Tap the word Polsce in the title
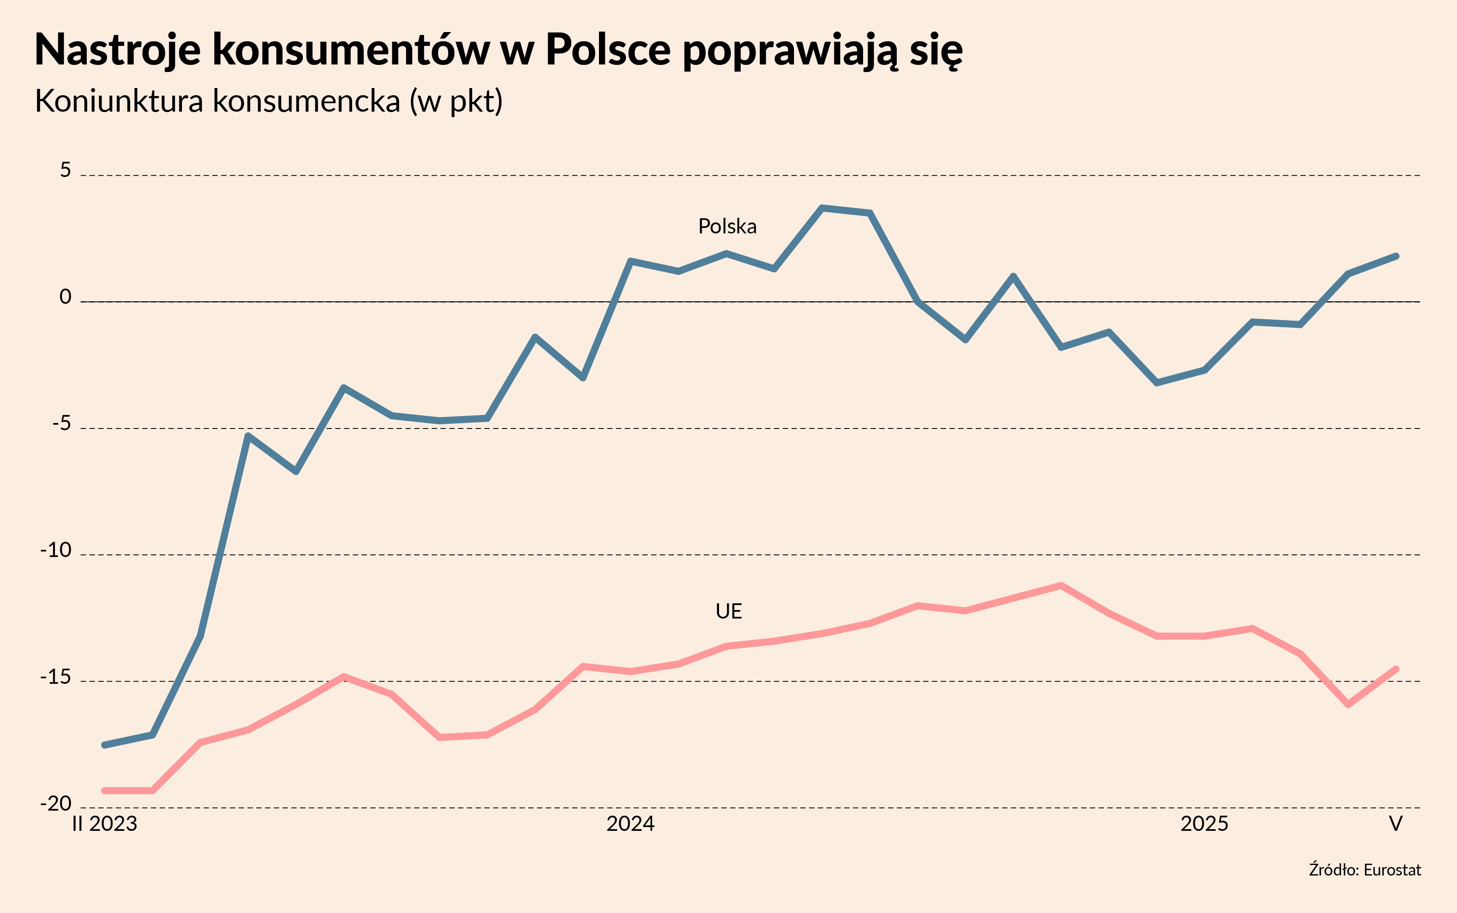coord(607,50)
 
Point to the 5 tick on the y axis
coord(65,171)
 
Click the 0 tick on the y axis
coord(65,297)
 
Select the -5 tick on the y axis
coord(61,424)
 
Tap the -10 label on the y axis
coord(56,550)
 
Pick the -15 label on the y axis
coord(56,677)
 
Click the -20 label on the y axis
coord(56,804)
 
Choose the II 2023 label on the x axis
coord(105,824)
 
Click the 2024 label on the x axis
coord(630,824)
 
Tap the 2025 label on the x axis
coord(1204,824)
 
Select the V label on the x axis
coord(1396,824)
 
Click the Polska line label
coord(727,226)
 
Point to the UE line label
coord(729,612)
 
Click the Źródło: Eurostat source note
coord(1365,870)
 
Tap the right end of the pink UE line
coord(1396,669)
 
